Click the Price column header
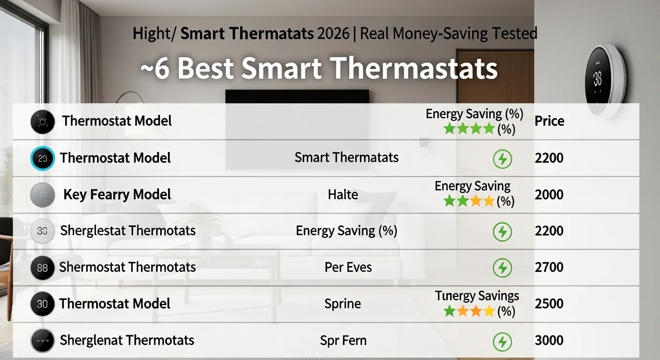[549, 121]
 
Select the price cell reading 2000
[549, 195]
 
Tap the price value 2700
[549, 267]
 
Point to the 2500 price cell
[549, 303]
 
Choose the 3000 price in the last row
[549, 340]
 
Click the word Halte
[343, 194]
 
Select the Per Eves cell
[348, 267]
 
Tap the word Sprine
[343, 304]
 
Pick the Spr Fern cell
[343, 340]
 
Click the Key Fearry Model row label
[117, 195]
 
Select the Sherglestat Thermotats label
[128, 231]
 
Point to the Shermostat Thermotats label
[127, 267]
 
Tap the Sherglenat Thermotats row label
[127, 340]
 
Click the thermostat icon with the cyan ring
[42, 158]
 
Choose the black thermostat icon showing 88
[42, 268]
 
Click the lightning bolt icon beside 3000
[502, 341]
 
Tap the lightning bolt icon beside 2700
[502, 268]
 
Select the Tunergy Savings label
[477, 296]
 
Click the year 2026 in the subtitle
[333, 34]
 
